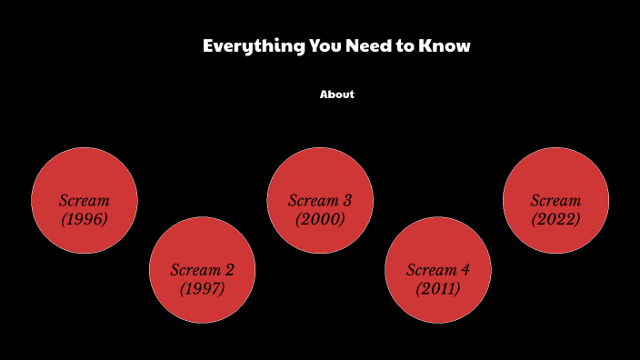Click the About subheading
[x=336, y=95]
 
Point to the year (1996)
[x=85, y=219]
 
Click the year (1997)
[x=202, y=289]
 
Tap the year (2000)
[x=320, y=219]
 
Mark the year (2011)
[x=438, y=289]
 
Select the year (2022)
[x=555, y=219]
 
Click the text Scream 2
[x=202, y=270]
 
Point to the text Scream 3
[x=320, y=200]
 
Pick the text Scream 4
[x=438, y=270]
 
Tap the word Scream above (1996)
[x=85, y=200]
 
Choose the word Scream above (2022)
[x=555, y=200]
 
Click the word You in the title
[x=323, y=45]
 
